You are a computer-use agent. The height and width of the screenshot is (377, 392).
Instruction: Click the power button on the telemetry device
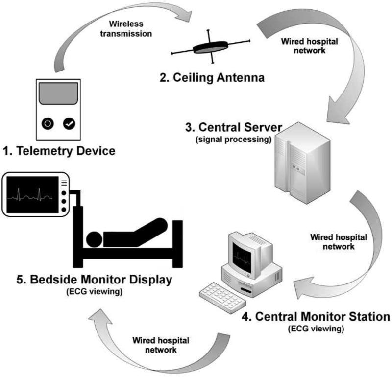coord(48,124)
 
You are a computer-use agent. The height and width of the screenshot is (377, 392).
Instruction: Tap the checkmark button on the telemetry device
coord(69,123)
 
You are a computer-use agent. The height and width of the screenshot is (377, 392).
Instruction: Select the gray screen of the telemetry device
coord(58,94)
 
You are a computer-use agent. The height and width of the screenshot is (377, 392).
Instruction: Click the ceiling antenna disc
coord(211,47)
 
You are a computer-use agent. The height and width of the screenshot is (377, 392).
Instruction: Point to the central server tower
coord(302,163)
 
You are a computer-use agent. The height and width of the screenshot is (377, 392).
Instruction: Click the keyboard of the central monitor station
coord(222,298)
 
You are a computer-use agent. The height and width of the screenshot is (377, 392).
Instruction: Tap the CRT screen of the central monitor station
coord(242,258)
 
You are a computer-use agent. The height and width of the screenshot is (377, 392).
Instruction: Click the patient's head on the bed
coord(94,239)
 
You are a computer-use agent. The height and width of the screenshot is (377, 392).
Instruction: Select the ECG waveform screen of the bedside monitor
coord(32,195)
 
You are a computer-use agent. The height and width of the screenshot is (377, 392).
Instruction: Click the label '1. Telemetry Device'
coord(59,151)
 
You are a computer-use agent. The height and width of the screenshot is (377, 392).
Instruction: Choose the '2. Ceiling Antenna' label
coord(212,77)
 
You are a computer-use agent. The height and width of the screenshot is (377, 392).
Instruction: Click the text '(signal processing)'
coord(234,139)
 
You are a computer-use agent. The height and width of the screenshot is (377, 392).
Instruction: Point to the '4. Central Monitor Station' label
coord(316,317)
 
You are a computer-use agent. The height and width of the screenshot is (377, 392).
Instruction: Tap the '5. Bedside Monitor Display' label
coord(95,280)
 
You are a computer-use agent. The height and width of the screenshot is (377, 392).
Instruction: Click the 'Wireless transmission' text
coord(126,29)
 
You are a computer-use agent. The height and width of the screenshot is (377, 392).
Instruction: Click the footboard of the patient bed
coord(177,244)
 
